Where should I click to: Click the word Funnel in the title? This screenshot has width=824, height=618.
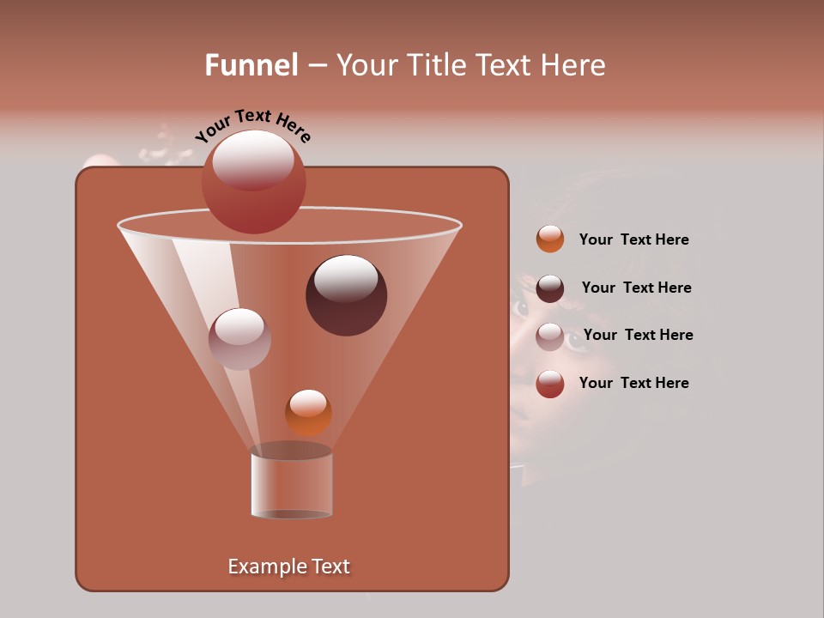click(x=251, y=65)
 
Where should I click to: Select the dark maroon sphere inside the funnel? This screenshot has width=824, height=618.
click(x=346, y=295)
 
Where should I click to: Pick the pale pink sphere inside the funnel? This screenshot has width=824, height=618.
click(x=239, y=339)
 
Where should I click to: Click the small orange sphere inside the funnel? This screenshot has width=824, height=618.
click(x=308, y=412)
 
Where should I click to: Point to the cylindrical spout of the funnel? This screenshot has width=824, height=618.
click(x=291, y=482)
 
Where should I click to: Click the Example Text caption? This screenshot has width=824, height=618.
click(x=289, y=566)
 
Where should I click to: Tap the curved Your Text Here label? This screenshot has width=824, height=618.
click(x=252, y=125)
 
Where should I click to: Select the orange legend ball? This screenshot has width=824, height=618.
click(x=550, y=239)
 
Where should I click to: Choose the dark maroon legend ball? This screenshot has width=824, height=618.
click(x=550, y=288)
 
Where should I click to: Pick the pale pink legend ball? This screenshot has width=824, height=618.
click(x=550, y=336)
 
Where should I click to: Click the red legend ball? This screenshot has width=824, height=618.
click(x=550, y=384)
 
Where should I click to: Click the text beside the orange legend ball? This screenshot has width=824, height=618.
click(x=633, y=240)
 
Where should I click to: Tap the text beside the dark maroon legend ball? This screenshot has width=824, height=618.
click(x=636, y=288)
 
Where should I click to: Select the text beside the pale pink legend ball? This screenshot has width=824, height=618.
click(x=638, y=336)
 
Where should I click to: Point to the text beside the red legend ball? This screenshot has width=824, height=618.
click(x=633, y=384)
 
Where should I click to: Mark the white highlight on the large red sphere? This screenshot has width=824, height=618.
click(x=253, y=161)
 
